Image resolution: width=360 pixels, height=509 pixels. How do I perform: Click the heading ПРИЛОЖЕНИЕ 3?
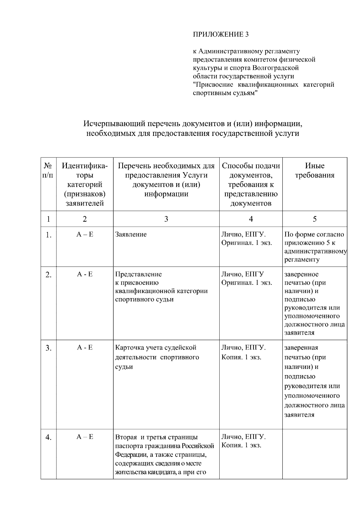[x=220, y=34]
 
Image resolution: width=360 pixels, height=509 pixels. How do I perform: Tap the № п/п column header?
[x=48, y=170]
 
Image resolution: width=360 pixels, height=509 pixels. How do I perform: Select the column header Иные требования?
[x=314, y=170]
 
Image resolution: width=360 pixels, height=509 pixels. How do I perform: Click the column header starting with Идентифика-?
[x=85, y=184]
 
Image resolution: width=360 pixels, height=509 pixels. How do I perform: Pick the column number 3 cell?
[x=166, y=219]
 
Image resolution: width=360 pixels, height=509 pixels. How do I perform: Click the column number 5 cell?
[x=314, y=219]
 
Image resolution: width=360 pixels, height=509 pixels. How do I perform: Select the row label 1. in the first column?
[x=49, y=235]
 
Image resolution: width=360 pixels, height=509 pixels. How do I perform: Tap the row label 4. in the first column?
[x=49, y=438]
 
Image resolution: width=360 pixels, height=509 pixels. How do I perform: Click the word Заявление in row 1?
[x=131, y=234]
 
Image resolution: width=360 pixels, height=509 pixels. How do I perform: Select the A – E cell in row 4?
[x=85, y=437]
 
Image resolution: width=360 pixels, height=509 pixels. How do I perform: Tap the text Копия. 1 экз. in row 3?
[x=241, y=357]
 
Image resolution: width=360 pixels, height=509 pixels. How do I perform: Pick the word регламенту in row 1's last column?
[x=302, y=259]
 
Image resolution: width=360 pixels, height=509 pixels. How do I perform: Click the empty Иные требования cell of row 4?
[x=314, y=454]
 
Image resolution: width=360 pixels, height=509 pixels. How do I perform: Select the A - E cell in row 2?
[x=85, y=274]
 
